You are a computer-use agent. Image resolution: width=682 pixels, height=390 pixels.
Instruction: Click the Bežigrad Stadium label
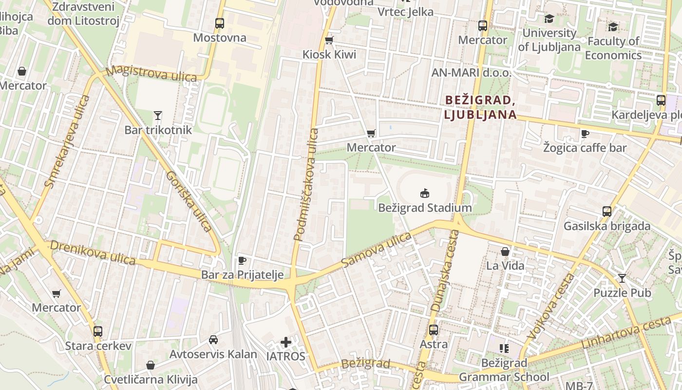[x=425, y=208]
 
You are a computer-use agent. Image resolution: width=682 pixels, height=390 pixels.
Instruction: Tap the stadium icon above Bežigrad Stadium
[x=425, y=194]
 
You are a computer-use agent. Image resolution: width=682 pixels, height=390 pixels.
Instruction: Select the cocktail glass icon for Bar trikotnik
[x=157, y=116]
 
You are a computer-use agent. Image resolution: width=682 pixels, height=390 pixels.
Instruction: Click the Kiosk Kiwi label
[x=329, y=55]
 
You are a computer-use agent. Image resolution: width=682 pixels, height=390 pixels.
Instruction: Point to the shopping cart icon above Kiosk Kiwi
[x=329, y=40]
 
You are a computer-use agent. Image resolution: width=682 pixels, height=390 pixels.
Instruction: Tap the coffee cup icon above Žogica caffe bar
[x=585, y=134]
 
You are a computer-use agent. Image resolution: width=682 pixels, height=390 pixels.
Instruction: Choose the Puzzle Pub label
[x=622, y=293]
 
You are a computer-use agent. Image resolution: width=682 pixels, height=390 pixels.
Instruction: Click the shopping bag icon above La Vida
[x=505, y=252]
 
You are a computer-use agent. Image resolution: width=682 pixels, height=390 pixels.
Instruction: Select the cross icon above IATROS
[x=286, y=342]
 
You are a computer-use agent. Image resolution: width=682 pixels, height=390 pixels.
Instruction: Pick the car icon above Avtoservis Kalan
[x=213, y=340]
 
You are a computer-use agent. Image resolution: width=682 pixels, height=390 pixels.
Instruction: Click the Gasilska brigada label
[x=606, y=226]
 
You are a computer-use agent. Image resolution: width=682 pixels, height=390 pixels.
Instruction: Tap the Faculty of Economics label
[x=613, y=48]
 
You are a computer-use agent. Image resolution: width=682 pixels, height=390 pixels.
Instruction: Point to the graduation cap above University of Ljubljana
[x=549, y=19]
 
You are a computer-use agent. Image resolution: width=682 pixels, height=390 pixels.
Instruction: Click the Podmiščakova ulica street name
[x=306, y=184]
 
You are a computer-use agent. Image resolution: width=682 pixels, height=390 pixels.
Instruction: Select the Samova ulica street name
[x=376, y=250]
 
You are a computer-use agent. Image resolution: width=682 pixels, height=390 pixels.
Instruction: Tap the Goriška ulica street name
[x=189, y=201]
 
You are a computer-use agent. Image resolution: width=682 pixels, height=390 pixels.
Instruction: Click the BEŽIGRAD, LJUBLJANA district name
[x=480, y=107]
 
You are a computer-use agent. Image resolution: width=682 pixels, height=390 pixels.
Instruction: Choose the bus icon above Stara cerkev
[x=98, y=331]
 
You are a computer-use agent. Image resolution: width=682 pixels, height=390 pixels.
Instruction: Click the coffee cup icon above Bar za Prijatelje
[x=242, y=260]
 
